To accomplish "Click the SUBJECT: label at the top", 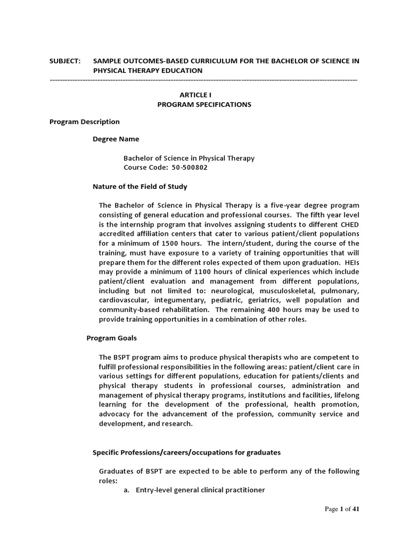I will [x=65, y=61].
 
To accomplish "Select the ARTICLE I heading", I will [x=204, y=95].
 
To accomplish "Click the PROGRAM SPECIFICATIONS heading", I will [x=204, y=104].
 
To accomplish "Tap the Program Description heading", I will [x=85, y=122].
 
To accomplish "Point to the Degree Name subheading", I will [x=116, y=139].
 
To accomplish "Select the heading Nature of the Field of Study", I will [x=140, y=187].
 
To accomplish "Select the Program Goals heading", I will [x=111, y=337].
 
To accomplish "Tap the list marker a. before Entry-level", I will [x=127, y=490].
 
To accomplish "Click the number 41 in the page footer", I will [x=356, y=509].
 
